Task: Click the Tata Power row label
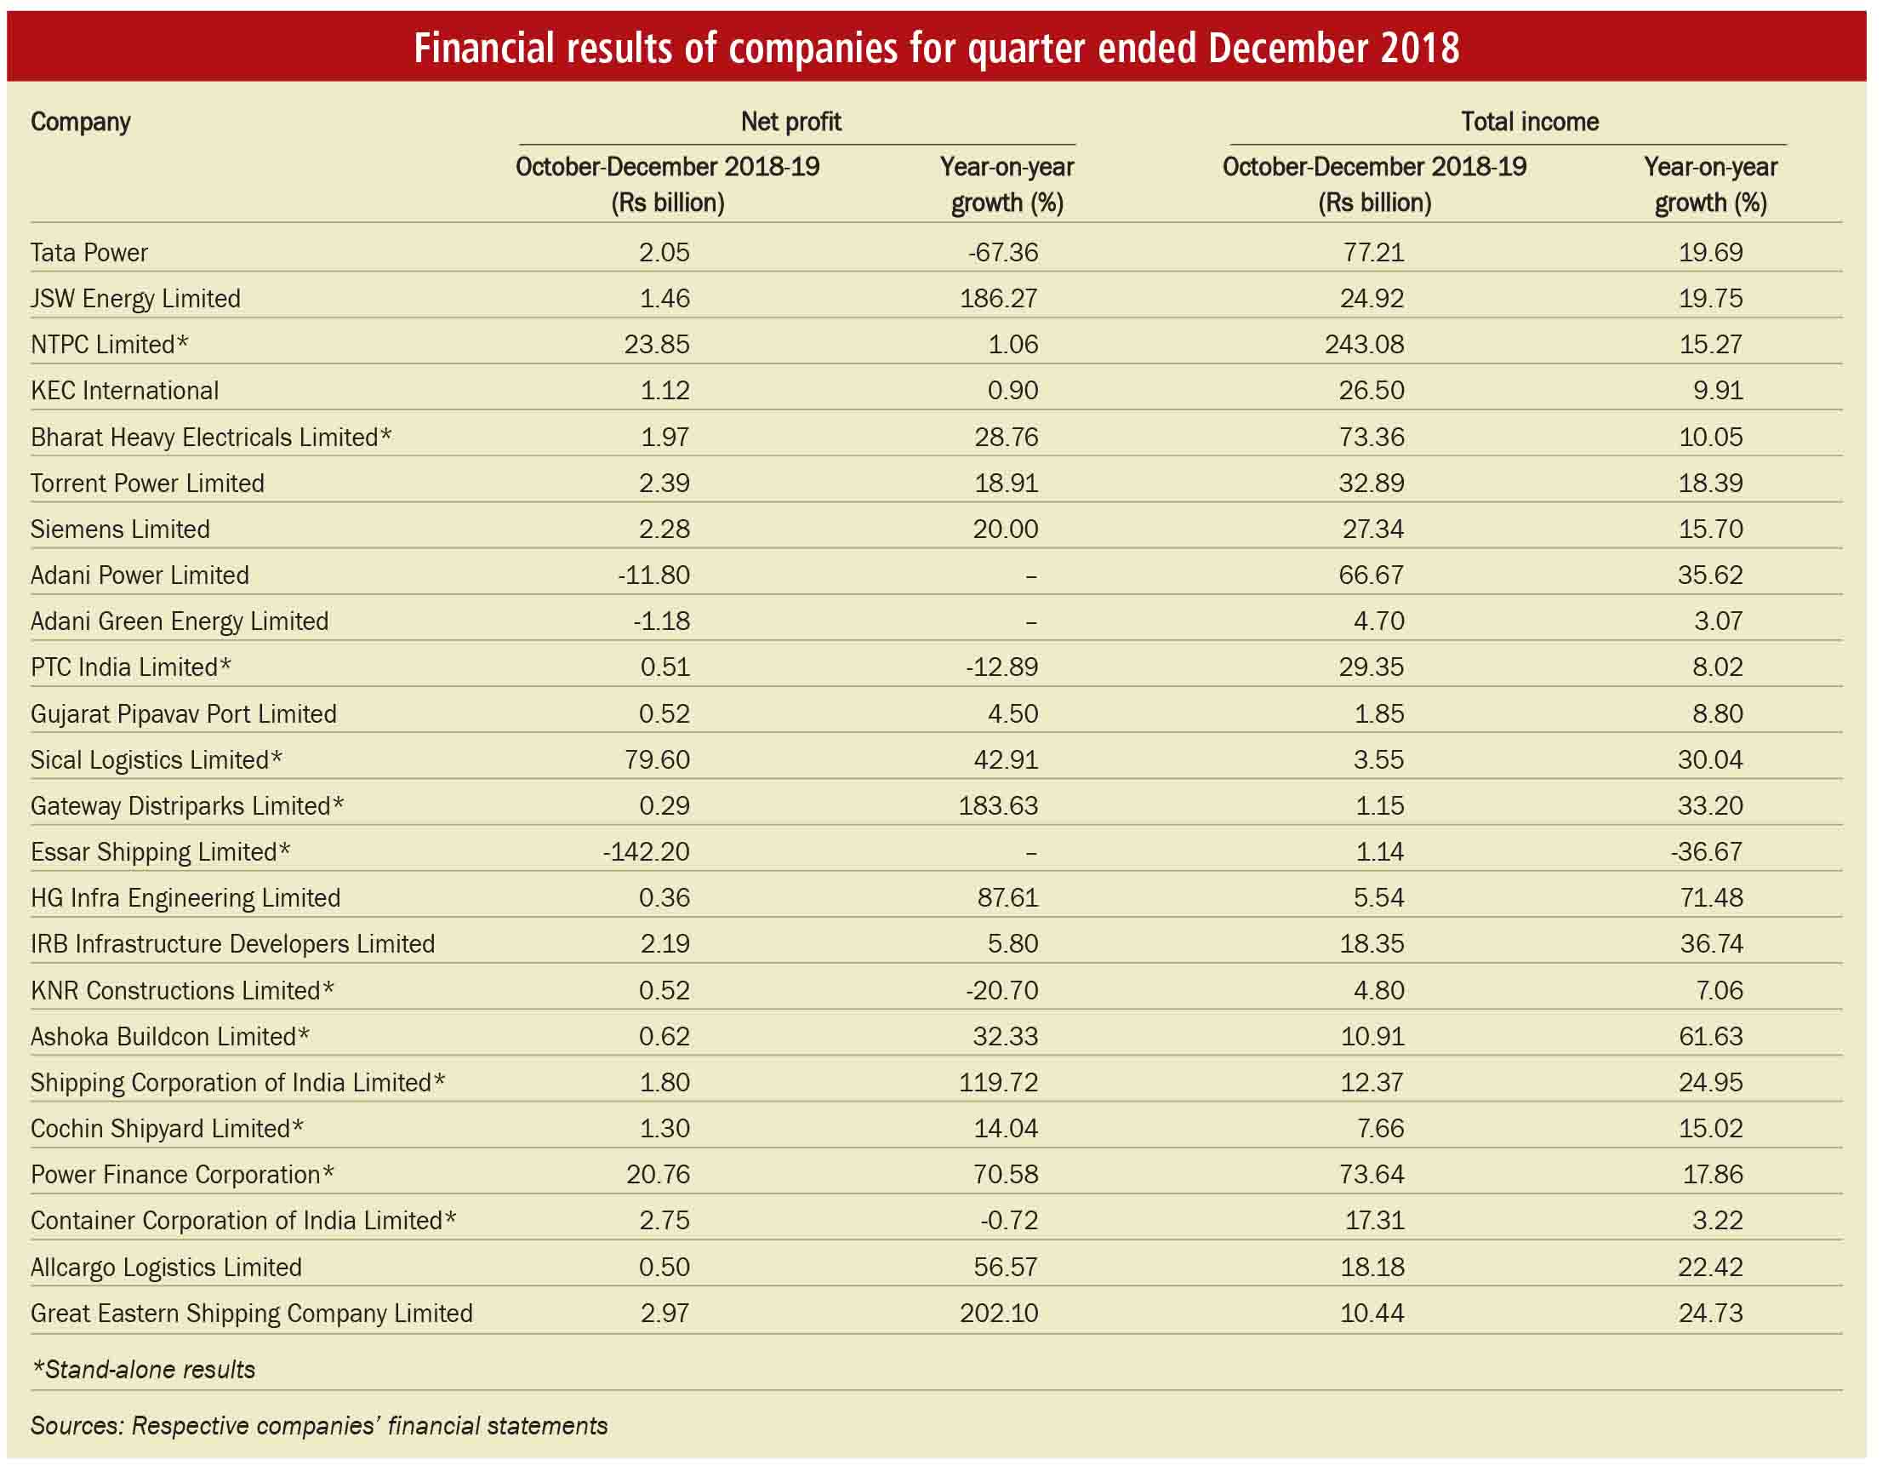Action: (89, 253)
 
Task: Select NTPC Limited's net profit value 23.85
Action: (657, 344)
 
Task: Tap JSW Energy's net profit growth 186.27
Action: (999, 298)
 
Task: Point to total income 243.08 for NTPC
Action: (1365, 344)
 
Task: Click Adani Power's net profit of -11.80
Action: (653, 575)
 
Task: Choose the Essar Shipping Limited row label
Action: (161, 852)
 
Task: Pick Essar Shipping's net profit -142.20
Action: (647, 852)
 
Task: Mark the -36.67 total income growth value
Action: (1708, 852)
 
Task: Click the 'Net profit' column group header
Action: (791, 122)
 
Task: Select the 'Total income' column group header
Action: (1530, 122)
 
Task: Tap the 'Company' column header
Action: (80, 123)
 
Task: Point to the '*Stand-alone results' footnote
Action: (144, 1370)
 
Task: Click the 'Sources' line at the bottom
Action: (319, 1426)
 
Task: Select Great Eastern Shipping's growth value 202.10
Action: (999, 1314)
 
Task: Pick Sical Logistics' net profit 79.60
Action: (657, 760)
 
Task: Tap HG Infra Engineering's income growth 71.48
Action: (1712, 897)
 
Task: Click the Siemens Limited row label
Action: (120, 530)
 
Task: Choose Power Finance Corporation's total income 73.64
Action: (1372, 1174)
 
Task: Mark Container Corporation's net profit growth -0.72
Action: (1009, 1221)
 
